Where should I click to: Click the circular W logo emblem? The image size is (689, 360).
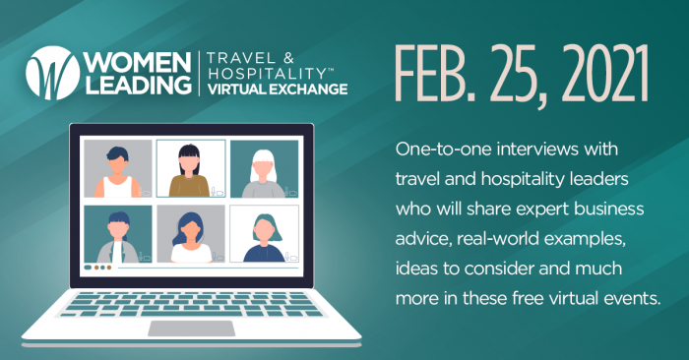click(x=46, y=72)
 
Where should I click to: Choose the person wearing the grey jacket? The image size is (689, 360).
click(x=118, y=236)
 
